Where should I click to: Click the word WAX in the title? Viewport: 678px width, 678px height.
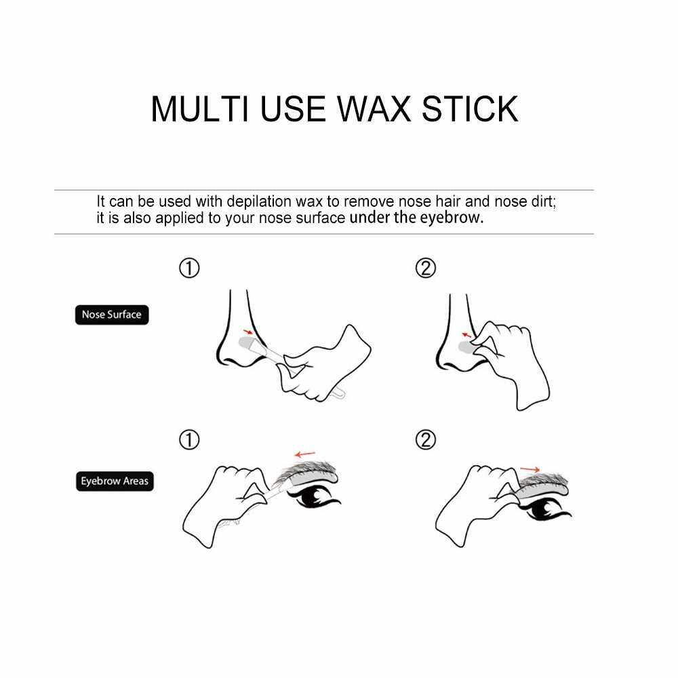[x=373, y=108]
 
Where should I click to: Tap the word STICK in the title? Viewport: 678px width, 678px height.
[x=470, y=108]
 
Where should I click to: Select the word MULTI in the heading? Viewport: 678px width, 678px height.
[x=200, y=108]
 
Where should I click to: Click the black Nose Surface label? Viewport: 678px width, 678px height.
[x=112, y=315]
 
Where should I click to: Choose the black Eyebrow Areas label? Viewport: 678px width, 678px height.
[x=115, y=481]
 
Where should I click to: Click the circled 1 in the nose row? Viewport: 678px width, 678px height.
[x=189, y=268]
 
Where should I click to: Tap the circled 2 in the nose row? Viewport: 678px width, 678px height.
[x=426, y=268]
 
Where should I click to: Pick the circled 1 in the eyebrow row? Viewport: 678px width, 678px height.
[x=189, y=440]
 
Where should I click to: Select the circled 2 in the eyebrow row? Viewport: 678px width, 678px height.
[x=426, y=440]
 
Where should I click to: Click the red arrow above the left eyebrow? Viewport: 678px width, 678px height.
[x=305, y=454]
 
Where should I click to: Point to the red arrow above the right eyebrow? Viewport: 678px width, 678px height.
[x=530, y=469]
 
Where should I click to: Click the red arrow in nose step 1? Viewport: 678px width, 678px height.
[x=248, y=332]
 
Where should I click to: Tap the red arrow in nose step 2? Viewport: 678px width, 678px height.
[x=466, y=335]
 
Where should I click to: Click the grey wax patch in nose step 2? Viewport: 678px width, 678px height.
[x=466, y=346]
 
